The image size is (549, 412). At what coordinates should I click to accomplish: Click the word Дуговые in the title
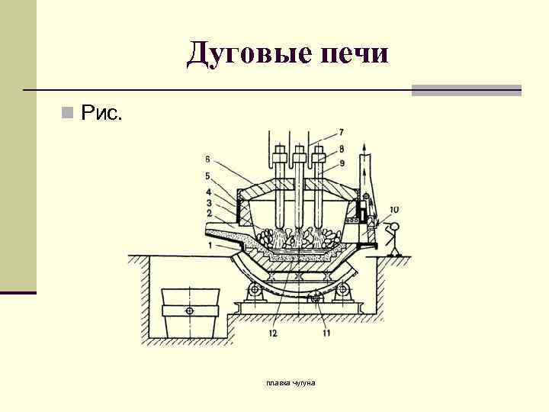tap(242, 54)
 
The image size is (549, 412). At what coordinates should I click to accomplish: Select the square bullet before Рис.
tap(68, 114)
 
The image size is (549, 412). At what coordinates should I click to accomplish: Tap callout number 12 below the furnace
tap(272, 332)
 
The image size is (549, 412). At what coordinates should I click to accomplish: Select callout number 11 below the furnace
tap(326, 332)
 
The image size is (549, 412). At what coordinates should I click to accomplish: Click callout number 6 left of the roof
tap(207, 159)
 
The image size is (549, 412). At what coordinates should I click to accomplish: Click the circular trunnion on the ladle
tap(190, 311)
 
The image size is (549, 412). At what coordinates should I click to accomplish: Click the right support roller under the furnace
tap(345, 289)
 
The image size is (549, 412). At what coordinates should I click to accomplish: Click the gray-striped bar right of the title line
tap(467, 90)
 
